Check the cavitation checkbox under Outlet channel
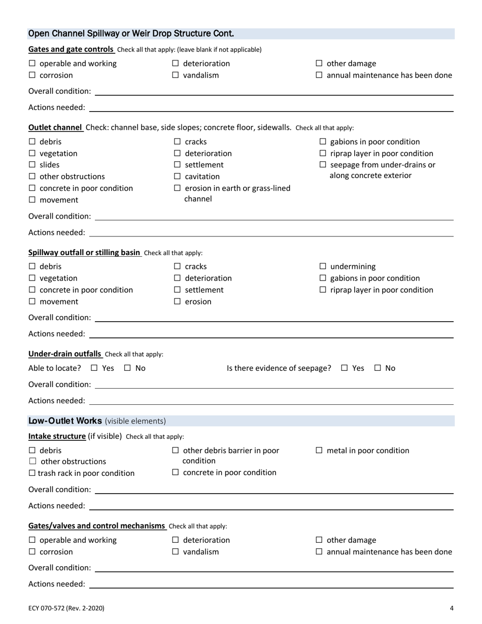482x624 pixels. pos(178,177)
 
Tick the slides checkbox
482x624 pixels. pos(32,165)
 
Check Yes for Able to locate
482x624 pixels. pos(94,368)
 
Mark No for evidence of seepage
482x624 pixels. pos(378,368)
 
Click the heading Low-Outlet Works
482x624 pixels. pos(66,421)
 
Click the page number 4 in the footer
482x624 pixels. pos(451,608)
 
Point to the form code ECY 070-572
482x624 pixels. pos(66,608)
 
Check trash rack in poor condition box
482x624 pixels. pos(32,473)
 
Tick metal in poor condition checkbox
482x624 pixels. pos(319,450)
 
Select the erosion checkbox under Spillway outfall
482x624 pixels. pos(178,302)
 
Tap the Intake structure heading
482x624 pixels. pos(57,436)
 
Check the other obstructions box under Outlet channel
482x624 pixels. pos(32,177)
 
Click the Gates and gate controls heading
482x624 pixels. pos(71,49)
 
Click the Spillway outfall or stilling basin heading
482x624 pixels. pos(85,252)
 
